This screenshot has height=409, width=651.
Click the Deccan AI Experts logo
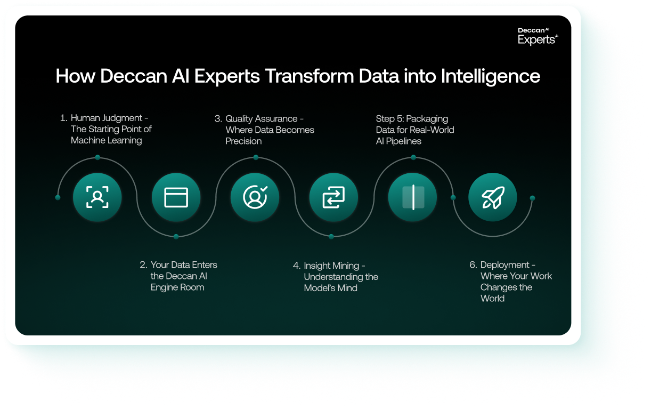click(x=538, y=36)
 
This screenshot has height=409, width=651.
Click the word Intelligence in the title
click(x=490, y=76)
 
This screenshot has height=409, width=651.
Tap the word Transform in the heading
click(x=309, y=76)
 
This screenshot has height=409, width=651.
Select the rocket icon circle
click(x=493, y=197)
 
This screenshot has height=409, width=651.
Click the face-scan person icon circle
click(x=97, y=197)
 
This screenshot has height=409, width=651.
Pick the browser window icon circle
click(x=176, y=197)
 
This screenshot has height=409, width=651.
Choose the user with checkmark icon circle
click(x=255, y=197)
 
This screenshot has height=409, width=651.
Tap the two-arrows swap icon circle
click(x=333, y=197)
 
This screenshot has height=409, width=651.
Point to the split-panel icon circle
click(x=413, y=197)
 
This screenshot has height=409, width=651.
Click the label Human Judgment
click(x=107, y=118)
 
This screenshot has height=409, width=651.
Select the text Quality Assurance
click(x=261, y=119)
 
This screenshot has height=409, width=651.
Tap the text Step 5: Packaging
click(x=412, y=119)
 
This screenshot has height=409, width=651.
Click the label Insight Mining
click(x=331, y=266)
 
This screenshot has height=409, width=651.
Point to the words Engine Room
click(x=177, y=287)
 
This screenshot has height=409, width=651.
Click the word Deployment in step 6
click(x=505, y=265)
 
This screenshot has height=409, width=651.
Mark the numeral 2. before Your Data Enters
click(x=143, y=265)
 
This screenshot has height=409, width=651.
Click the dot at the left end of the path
click(x=58, y=198)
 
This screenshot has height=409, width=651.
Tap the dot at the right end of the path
click(x=532, y=198)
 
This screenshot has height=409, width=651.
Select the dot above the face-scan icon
click(x=97, y=157)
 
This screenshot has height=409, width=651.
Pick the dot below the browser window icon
click(x=176, y=237)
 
